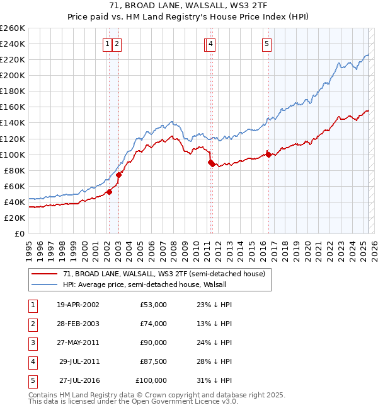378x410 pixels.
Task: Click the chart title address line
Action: click(189, 7)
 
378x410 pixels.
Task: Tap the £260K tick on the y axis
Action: click(13, 28)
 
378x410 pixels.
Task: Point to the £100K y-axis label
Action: click(13, 155)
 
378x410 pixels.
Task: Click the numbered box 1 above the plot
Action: click(108, 44)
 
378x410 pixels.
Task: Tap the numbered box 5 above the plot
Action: click(267, 44)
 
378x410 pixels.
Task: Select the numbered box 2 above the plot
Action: click(118, 44)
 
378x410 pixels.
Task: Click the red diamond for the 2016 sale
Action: click(269, 154)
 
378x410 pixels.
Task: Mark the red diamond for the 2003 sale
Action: click(119, 175)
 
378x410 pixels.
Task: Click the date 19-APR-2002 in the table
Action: click(77, 305)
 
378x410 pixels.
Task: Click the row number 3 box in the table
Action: click(32, 343)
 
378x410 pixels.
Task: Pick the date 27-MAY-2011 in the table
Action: click(77, 343)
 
